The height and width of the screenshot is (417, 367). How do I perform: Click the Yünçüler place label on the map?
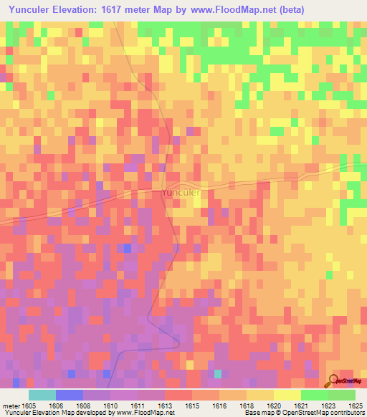[180, 192]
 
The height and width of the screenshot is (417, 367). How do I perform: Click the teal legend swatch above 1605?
[42, 395]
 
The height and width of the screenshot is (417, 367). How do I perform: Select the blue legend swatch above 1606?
[70, 395]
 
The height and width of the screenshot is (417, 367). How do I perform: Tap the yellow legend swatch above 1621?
[287, 395]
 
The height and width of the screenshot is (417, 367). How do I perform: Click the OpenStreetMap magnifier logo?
[333, 380]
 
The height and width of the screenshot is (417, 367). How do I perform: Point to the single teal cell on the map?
[218, 373]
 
